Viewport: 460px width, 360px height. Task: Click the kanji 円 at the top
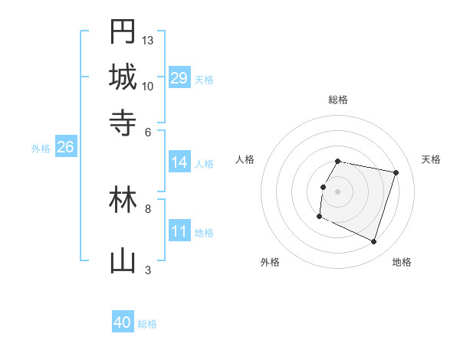point(123,32)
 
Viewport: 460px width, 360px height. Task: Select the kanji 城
point(123,77)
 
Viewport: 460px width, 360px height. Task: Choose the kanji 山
point(123,261)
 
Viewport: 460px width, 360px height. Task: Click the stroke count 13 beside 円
point(148,40)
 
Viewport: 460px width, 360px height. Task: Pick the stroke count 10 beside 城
point(148,86)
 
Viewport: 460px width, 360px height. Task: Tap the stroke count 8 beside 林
point(148,208)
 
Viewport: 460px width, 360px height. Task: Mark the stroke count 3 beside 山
point(148,270)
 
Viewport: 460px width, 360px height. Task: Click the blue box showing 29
point(179,78)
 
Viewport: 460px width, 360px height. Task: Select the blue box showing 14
point(179,162)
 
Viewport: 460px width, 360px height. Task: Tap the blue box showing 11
point(179,231)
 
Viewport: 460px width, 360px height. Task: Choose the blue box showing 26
point(65,147)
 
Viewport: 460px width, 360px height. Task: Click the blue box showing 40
point(123,322)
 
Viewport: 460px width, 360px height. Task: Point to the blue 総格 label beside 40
point(147,324)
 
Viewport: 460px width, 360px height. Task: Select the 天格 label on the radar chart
point(431,159)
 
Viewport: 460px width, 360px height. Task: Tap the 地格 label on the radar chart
point(402,262)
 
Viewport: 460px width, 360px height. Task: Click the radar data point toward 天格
point(396,173)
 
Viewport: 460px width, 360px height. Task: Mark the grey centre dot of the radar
point(337,191)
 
